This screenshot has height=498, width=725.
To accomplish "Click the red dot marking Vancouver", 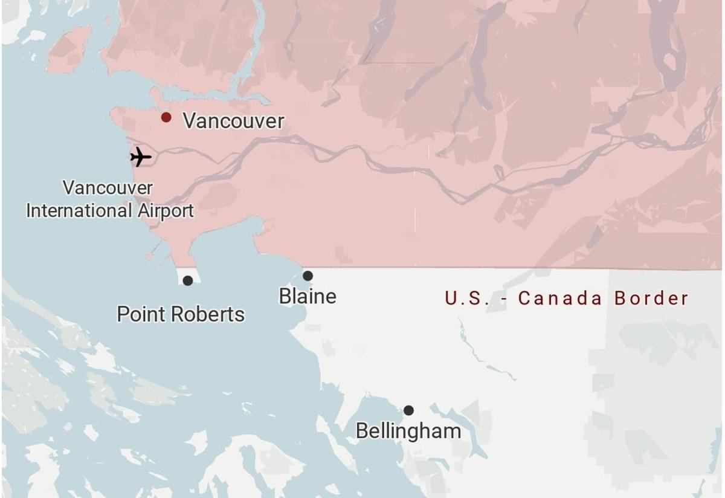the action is tap(166, 117).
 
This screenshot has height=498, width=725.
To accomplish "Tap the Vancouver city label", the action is tap(233, 121).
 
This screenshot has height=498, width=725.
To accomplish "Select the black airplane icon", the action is tap(141, 157).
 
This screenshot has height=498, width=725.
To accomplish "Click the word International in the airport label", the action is tap(79, 210).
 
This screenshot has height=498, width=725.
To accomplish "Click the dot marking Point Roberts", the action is tap(188, 280).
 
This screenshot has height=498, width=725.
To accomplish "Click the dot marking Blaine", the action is tap(308, 276).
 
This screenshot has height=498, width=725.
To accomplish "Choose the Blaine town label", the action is tap(308, 296).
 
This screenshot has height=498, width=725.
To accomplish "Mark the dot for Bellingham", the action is tap(408, 410).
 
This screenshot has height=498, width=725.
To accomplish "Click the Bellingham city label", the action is tap(408, 431).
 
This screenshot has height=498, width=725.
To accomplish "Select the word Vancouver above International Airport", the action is tap(108, 187).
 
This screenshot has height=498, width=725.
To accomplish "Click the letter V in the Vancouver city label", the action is tap(189, 121).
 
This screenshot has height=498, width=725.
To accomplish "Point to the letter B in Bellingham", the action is tap(361, 431).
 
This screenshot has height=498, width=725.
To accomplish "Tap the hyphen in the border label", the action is tap(501, 299).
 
